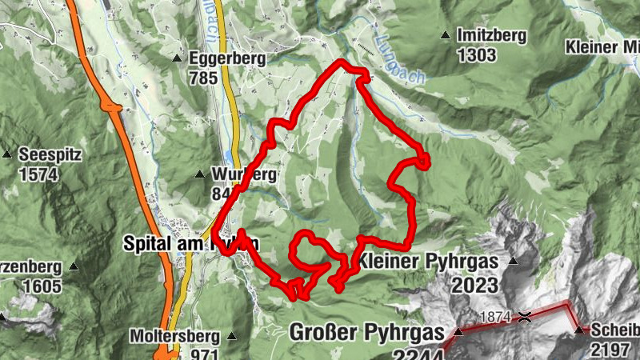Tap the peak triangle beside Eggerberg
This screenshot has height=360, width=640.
(x=178, y=58)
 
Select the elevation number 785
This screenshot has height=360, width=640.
(x=205, y=78)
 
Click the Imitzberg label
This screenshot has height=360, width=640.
(x=491, y=36)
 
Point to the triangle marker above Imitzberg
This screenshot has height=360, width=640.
(x=445, y=35)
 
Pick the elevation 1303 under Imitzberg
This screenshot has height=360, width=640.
(x=477, y=56)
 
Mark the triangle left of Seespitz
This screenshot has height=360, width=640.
(x=7, y=154)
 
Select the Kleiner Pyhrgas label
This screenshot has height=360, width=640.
(x=428, y=262)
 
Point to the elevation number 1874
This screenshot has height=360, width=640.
(x=495, y=317)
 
